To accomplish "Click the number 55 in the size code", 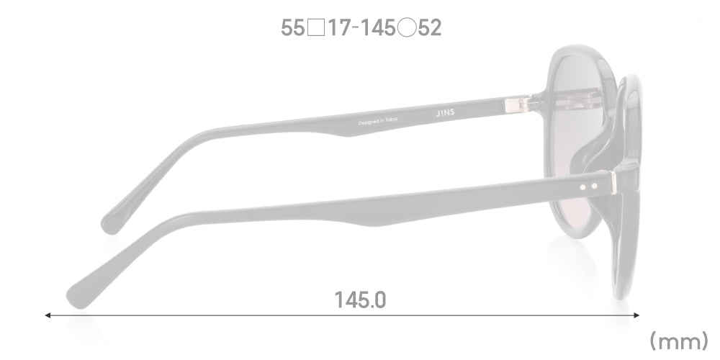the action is click(292, 28).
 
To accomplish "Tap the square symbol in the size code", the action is click(316, 28).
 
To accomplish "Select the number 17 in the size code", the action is click(339, 28).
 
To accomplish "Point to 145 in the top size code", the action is click(377, 28).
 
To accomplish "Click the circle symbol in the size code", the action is click(407, 28).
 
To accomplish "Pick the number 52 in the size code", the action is click(430, 28).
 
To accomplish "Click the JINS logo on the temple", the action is click(445, 113).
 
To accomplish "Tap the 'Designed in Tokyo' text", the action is click(378, 121).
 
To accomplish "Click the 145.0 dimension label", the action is click(360, 300).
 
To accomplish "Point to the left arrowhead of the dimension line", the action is click(47, 315).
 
